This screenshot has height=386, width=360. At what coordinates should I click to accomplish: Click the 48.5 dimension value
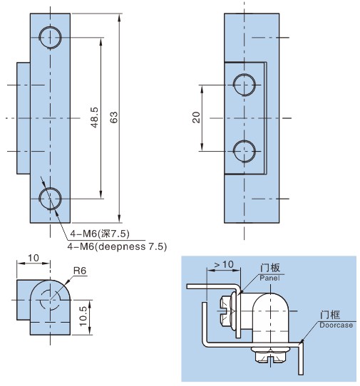pos(95,118)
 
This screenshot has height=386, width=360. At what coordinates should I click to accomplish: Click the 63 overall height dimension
pos(113,118)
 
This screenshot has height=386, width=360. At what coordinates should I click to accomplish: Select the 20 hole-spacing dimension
pos(196,118)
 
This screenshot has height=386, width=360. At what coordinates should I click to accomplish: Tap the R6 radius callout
pos(80,271)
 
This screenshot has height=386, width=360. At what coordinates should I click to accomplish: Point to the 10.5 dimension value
pos(83,316)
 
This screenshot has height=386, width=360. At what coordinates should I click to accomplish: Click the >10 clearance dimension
pos(224,264)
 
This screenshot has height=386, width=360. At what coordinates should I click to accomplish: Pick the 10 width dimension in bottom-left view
pos(34,258)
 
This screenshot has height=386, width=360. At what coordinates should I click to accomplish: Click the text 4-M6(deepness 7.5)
pos(117,246)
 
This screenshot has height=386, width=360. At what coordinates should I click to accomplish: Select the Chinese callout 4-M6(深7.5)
pos(100,234)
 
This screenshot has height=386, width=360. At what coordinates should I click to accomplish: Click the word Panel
pos(269,278)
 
